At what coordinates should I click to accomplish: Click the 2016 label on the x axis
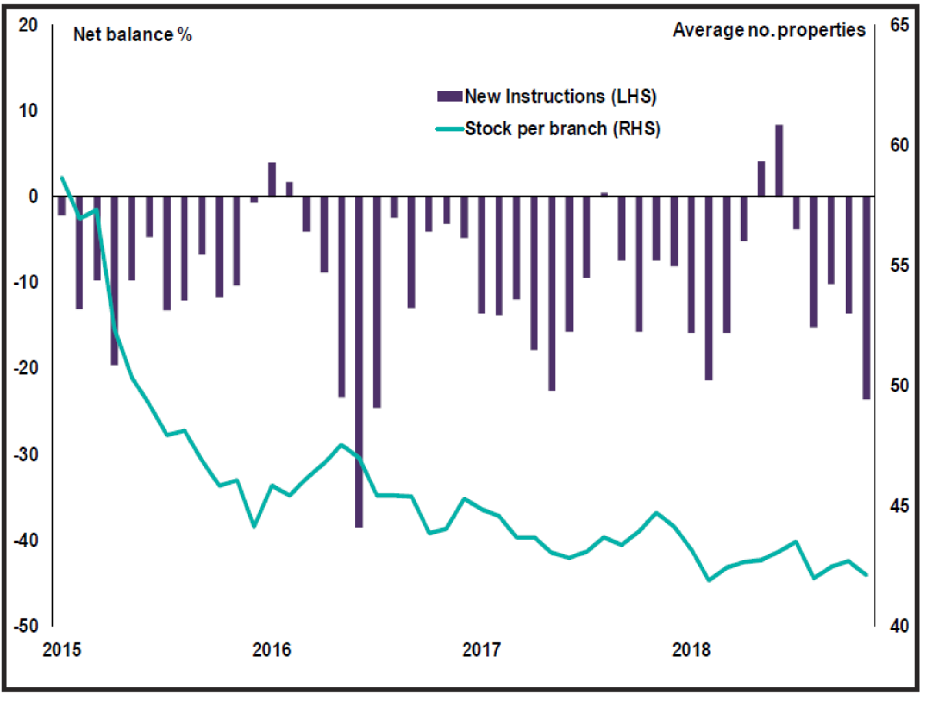point(271,650)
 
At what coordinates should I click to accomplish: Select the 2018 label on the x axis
point(691,650)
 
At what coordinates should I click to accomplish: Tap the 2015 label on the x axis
point(62,650)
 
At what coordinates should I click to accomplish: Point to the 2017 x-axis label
point(481,650)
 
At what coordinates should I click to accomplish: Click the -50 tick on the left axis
point(26,626)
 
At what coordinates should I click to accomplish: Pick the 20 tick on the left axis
point(28,25)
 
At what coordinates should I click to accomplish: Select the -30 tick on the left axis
point(26,454)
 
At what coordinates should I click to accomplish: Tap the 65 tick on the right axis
point(899,25)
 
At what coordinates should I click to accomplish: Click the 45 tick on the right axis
point(899,506)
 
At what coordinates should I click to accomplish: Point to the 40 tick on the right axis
point(899,626)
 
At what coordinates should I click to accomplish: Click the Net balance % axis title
point(132,35)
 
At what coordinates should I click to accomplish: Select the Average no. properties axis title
point(769,30)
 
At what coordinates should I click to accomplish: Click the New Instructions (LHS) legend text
point(560,96)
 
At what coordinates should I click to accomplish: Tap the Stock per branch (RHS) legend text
point(562,129)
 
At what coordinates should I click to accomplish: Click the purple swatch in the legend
point(449,96)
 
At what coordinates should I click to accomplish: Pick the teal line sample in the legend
point(449,129)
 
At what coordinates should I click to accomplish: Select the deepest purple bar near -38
point(359,362)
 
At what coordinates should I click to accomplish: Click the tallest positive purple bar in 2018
point(779,161)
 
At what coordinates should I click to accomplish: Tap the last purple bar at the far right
point(866,297)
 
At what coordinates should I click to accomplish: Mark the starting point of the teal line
point(62,177)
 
